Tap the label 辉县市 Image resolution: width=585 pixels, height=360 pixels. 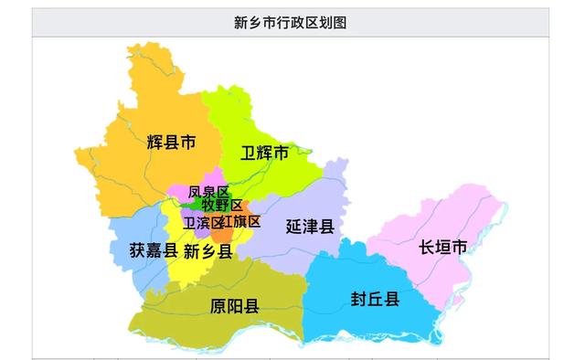point(171,143)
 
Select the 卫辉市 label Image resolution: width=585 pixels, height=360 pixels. point(264,153)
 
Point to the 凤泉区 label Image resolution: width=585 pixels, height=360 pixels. point(208,192)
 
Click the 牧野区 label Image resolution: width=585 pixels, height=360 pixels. point(222,206)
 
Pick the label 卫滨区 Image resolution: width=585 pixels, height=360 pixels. point(202,222)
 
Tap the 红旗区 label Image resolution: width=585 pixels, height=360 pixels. point(241,221)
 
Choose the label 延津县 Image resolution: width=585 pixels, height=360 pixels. point(309,225)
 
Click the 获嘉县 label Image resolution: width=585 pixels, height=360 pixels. point(153,249)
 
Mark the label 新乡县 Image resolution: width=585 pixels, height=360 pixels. point(207,249)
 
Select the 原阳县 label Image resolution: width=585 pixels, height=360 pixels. point(234,305)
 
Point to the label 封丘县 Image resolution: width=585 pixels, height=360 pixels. point(375,298)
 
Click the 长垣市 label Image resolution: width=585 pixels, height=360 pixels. point(443,247)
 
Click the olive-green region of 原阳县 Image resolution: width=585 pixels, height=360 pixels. point(183,315)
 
